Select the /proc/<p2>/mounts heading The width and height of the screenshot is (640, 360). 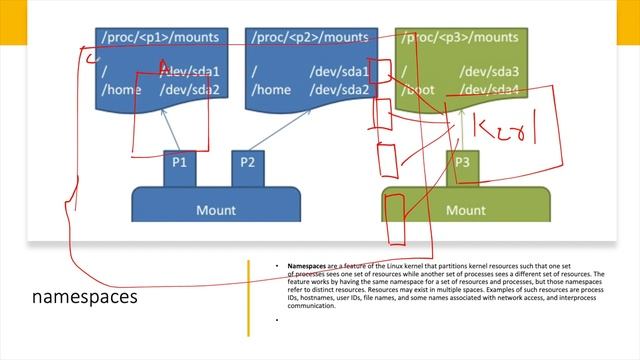[309, 39]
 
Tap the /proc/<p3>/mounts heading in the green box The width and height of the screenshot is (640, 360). [460, 39]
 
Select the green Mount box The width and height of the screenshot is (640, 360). [465, 210]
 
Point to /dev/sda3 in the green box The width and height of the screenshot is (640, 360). [490, 72]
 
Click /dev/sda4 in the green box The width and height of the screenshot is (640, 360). [490, 90]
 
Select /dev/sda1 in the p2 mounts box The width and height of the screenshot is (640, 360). [339, 72]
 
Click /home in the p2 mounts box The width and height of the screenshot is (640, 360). [270, 90]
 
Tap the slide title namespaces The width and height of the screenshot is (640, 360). [85, 298]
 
